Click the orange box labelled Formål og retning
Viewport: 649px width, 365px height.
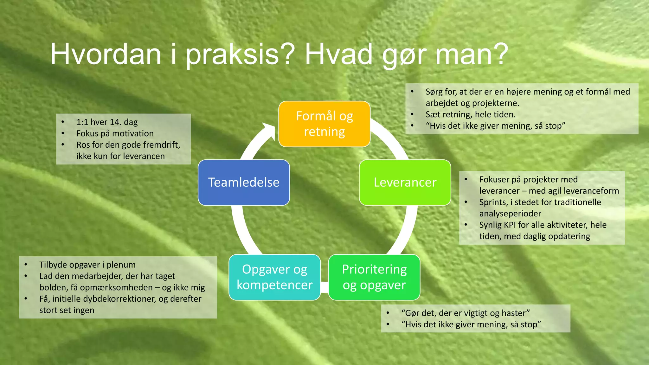(324, 124)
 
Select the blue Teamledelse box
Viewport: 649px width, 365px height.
(244, 182)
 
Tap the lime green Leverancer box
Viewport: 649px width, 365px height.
(405, 182)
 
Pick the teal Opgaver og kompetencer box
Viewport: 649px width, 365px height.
(274, 277)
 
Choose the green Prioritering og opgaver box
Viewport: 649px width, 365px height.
(374, 277)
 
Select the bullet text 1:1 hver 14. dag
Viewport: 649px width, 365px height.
(107, 122)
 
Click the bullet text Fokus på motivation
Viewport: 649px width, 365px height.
(115, 133)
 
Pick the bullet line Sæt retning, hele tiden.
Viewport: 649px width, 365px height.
(471, 114)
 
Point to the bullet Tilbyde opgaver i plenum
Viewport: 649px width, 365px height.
(87, 265)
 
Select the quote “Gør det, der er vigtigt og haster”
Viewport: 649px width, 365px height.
(466, 313)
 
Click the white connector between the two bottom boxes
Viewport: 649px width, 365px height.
(324, 287)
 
